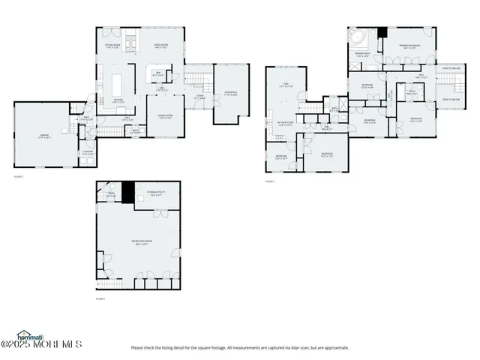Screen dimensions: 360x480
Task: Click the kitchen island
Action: tap(118, 81)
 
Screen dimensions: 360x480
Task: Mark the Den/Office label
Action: tap(231, 94)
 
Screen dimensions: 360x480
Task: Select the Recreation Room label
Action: tap(139, 241)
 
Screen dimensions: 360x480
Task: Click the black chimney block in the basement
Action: tap(127, 191)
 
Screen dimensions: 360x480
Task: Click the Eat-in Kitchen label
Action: tap(286, 124)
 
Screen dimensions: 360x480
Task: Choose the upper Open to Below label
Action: tap(451, 68)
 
